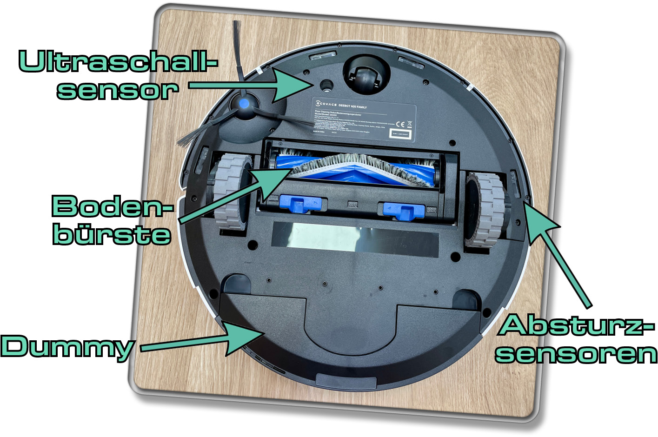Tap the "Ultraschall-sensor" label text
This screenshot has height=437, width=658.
117,75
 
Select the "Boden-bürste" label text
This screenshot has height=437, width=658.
112,219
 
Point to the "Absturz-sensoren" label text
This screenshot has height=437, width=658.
576,338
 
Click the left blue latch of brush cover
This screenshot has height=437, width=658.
300,204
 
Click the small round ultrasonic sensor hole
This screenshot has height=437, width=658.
326,84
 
